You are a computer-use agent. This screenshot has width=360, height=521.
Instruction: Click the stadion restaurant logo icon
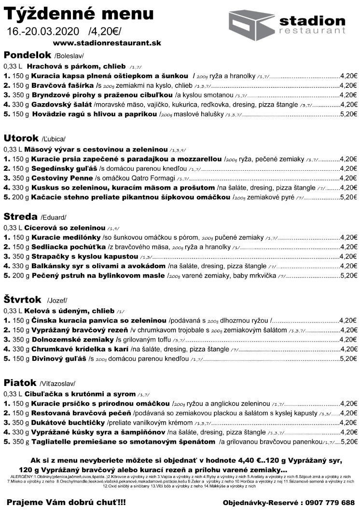pos(251,23)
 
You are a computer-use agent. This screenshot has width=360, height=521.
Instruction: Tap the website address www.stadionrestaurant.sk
pos(107,43)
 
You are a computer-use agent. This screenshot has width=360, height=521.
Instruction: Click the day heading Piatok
pos(20,383)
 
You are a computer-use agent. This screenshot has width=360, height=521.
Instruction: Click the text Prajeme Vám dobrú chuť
pos(66,502)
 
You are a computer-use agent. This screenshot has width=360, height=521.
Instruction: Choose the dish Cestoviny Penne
pos(62,178)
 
